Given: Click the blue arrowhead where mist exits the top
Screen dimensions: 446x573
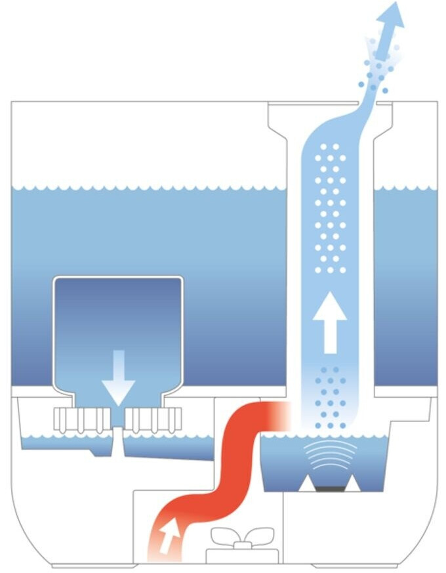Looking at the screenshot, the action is pyautogui.click(x=395, y=14).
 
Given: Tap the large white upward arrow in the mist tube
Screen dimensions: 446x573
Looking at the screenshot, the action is pyautogui.click(x=329, y=322).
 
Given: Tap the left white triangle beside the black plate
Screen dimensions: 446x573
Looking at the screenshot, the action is pyautogui.click(x=306, y=484).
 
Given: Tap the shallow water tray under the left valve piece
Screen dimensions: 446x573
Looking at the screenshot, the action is pyautogui.click(x=66, y=442).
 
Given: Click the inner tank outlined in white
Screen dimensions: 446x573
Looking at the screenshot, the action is pyautogui.click(x=118, y=315).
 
